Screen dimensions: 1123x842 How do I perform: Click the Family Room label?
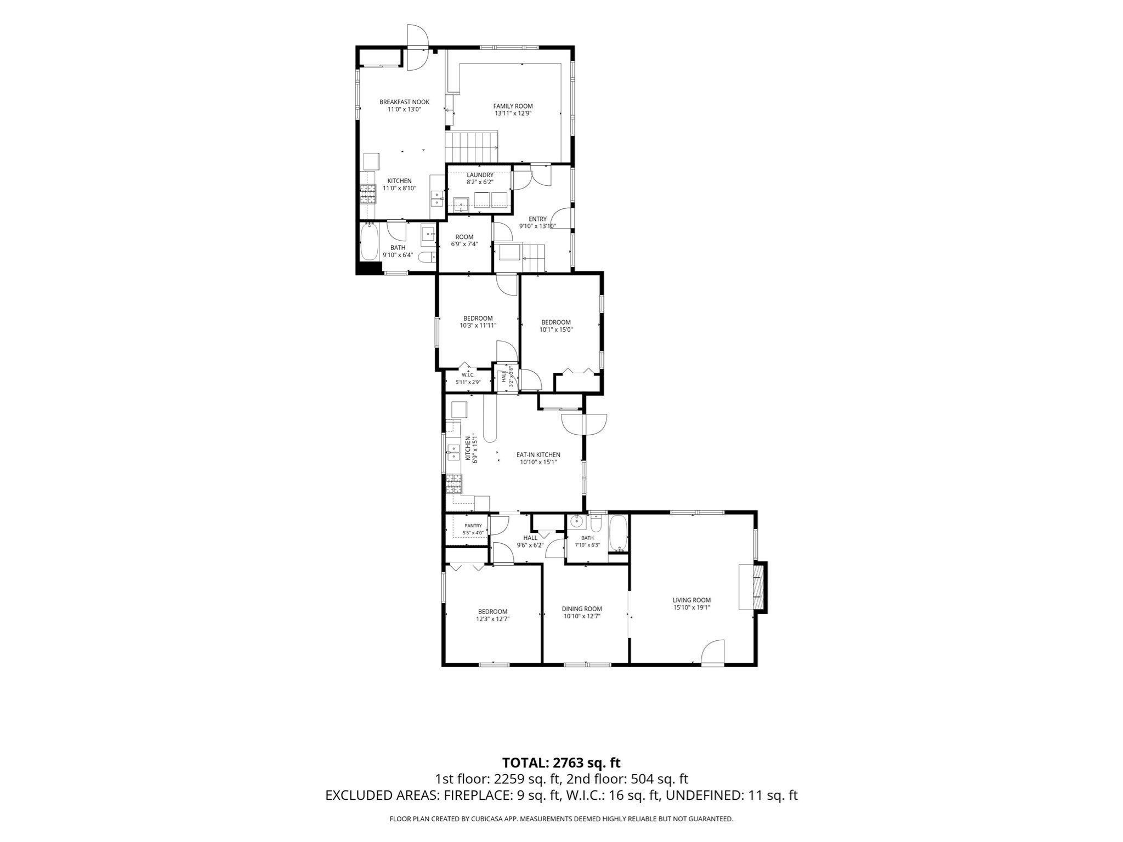click(x=513, y=106)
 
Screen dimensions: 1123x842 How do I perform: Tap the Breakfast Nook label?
click(x=405, y=102)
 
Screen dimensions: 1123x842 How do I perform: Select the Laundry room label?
click(x=480, y=175)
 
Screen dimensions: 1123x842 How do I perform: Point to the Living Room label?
click(x=691, y=600)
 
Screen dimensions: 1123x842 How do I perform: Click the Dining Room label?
click(x=582, y=608)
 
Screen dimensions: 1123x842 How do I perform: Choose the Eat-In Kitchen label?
click(x=538, y=454)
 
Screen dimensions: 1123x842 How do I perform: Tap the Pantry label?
click(x=473, y=526)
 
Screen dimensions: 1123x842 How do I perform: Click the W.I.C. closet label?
click(x=467, y=375)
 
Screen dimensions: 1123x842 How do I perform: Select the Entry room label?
click(x=537, y=219)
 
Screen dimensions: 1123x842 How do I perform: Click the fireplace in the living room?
click(x=757, y=587)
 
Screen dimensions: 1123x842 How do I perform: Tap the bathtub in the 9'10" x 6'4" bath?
click(x=369, y=242)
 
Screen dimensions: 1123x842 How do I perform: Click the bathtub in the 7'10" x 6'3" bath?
click(x=618, y=533)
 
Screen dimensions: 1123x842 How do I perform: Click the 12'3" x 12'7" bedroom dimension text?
click(x=492, y=619)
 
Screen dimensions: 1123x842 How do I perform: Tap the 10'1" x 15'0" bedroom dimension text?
click(x=555, y=329)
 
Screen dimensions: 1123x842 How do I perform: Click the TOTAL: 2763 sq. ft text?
click(x=561, y=762)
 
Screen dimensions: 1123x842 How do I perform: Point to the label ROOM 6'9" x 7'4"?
click(x=464, y=241)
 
